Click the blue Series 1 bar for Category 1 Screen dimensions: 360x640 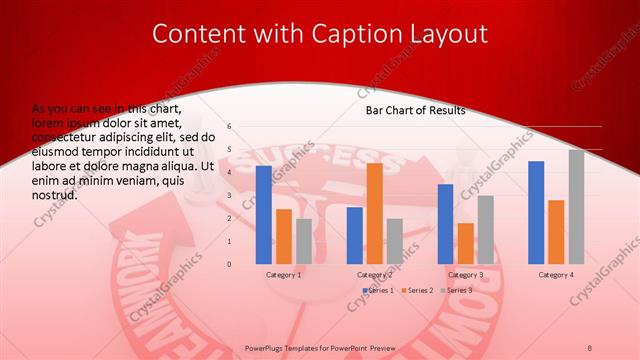pyautogui.click(x=264, y=215)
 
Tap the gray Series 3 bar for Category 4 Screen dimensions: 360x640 pyautogui.click(x=576, y=207)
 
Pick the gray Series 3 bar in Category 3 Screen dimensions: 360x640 pyautogui.click(x=485, y=229)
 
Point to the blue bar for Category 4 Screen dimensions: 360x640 pyautogui.click(x=536, y=212)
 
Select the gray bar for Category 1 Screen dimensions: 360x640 pyautogui.click(x=304, y=241)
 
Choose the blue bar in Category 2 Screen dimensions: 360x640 pyautogui.click(x=355, y=235)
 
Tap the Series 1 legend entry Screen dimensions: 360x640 pyautogui.click(x=378, y=290)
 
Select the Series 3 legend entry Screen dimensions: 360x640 pyautogui.click(x=456, y=290)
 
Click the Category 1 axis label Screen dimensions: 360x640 pyautogui.click(x=284, y=274)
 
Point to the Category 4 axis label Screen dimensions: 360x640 pyautogui.click(x=556, y=274)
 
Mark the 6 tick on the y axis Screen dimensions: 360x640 pyautogui.click(x=230, y=127)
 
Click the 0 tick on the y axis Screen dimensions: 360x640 pyautogui.click(x=230, y=264)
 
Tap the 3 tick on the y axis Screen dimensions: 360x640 pyautogui.click(x=230, y=195)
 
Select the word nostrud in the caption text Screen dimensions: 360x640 pyautogui.click(x=55, y=194)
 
